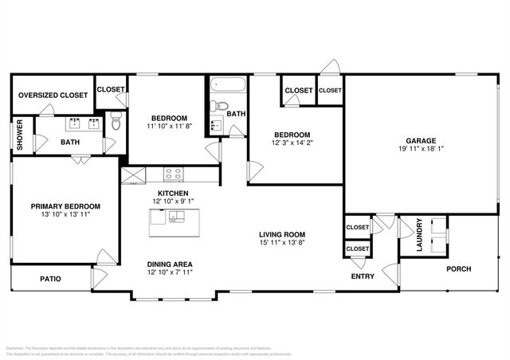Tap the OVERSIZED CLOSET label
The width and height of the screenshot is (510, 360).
(x=53, y=95)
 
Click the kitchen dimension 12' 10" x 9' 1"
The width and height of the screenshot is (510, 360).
(x=173, y=202)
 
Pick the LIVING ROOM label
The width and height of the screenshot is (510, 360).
(x=282, y=234)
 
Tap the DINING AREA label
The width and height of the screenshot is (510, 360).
(x=170, y=264)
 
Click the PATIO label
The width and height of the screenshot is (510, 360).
(x=50, y=279)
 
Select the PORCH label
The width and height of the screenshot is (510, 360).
(x=458, y=268)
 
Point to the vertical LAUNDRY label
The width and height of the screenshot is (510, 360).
(x=420, y=236)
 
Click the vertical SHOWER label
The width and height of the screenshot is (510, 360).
(x=20, y=135)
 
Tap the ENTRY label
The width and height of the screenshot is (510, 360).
(x=363, y=276)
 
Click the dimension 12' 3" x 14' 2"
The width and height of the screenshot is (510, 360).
(x=290, y=143)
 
